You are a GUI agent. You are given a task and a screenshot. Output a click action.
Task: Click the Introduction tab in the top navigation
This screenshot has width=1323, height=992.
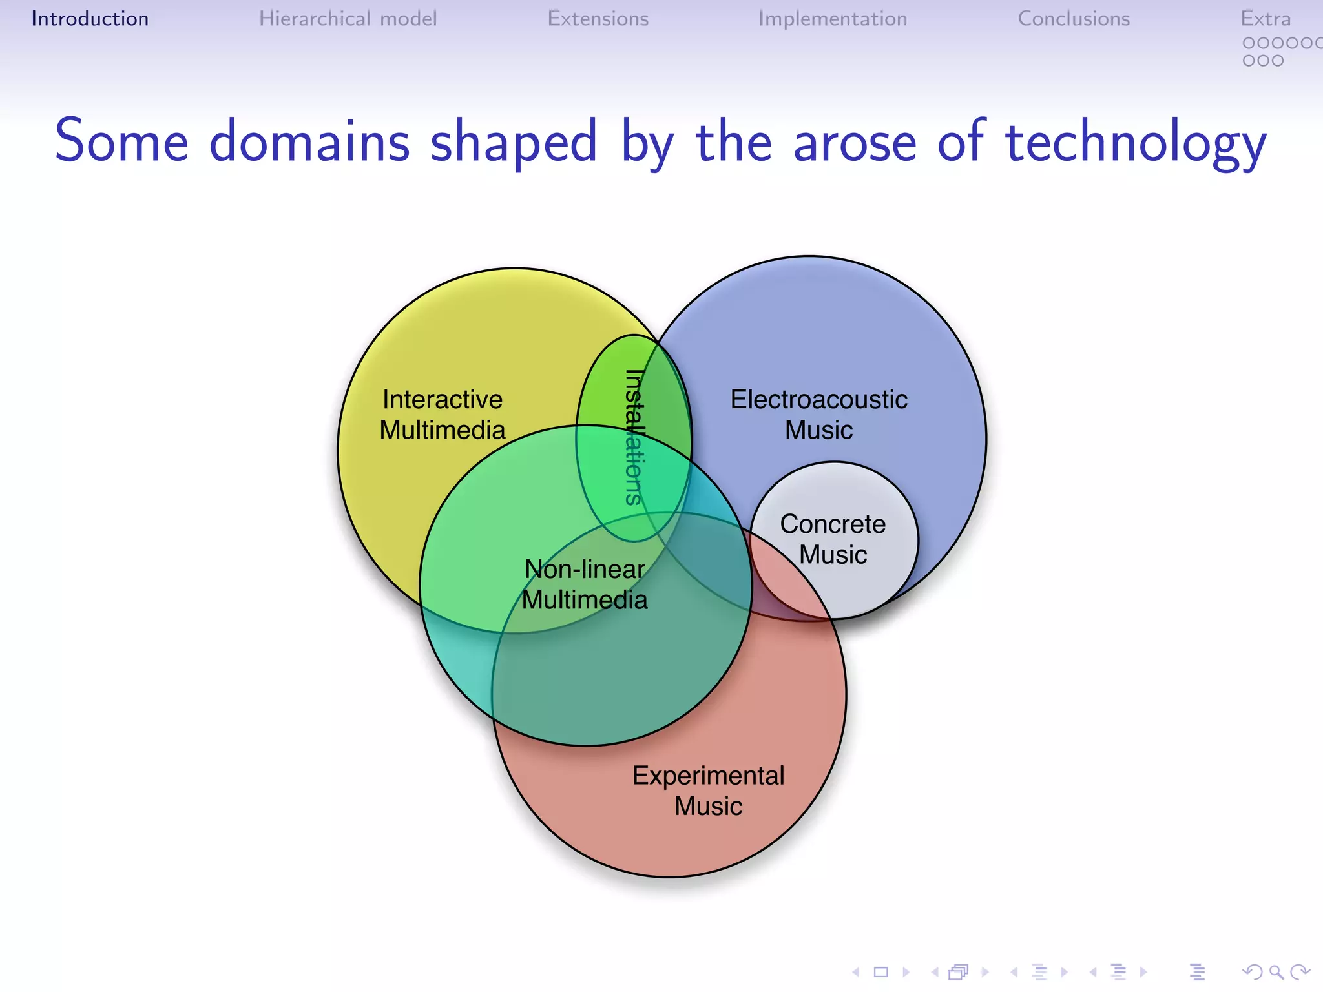coord(90,19)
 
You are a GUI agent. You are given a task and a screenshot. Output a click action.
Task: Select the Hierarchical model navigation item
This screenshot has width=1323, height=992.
coord(348,19)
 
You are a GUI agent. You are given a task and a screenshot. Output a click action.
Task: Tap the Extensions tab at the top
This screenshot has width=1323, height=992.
coord(598,19)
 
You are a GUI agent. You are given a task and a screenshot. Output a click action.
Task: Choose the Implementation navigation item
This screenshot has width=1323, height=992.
coord(832,19)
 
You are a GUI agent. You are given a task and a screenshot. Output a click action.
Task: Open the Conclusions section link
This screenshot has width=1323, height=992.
coord(1074,19)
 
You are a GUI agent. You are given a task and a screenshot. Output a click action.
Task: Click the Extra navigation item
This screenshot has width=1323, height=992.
coord(1265,19)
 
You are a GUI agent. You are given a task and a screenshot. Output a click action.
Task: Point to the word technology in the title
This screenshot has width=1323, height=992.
coord(1136,142)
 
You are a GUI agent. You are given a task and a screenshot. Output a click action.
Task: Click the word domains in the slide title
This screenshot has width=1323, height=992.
coord(309,142)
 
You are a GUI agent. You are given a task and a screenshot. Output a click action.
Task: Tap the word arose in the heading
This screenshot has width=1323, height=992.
coord(854,142)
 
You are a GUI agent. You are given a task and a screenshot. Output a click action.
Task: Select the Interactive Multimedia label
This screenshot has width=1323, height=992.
coord(443,415)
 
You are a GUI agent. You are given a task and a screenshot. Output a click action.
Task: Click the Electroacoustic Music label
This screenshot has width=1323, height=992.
coord(818,415)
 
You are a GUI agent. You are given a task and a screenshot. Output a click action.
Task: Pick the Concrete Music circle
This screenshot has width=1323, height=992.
coord(833,540)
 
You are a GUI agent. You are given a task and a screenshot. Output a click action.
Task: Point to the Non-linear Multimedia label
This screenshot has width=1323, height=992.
coord(585,584)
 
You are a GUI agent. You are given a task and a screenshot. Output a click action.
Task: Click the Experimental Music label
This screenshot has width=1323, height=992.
coord(708,790)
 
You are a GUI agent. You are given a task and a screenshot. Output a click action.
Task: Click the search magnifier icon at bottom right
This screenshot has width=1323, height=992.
coord(1275,971)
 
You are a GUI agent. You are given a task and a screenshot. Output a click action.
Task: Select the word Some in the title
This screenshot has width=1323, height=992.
coord(121,142)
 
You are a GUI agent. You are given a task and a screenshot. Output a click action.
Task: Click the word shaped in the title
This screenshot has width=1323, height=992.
coord(514,142)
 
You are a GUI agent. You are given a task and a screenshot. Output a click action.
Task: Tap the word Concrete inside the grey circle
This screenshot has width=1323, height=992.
coord(833,524)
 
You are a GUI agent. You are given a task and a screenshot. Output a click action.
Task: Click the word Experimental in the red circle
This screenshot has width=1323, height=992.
coord(708,776)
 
